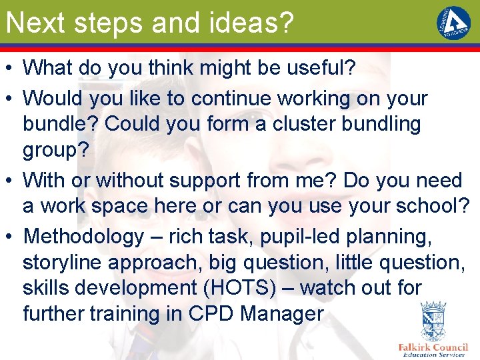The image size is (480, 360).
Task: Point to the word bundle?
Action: point(61,124)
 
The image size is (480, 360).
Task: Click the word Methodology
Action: point(83,236)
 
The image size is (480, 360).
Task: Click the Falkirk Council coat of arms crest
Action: point(433,321)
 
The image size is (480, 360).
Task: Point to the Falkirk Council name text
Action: point(433,347)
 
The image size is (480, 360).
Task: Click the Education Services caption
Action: point(433,355)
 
